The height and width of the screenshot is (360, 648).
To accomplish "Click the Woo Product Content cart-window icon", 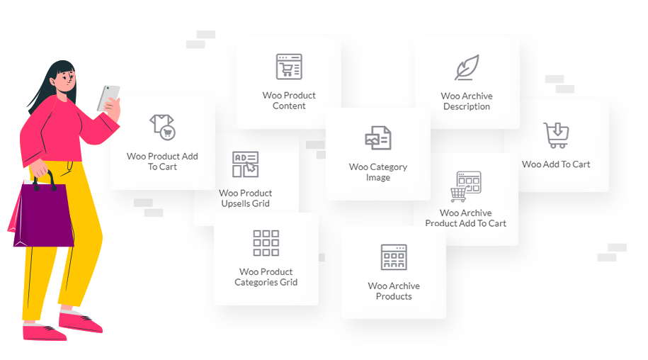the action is pyautogui.click(x=289, y=66).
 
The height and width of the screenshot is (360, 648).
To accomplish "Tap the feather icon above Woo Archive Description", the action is pyautogui.click(x=467, y=67).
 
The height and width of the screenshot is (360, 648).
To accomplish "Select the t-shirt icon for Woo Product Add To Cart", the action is pyautogui.click(x=162, y=127).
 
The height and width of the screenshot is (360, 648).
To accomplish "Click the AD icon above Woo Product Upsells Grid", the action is pyautogui.click(x=246, y=164).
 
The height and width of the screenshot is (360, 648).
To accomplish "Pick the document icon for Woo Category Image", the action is pyautogui.click(x=378, y=137).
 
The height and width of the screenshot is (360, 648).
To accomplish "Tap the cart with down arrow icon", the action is pyautogui.click(x=556, y=135).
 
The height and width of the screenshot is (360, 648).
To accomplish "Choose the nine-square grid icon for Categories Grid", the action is pyautogui.click(x=266, y=243).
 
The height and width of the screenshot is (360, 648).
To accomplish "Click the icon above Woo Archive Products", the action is pyautogui.click(x=394, y=257).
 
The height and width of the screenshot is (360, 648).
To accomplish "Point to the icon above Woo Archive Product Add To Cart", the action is pyautogui.click(x=466, y=186).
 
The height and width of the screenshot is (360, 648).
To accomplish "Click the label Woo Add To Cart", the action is pyautogui.click(x=556, y=164).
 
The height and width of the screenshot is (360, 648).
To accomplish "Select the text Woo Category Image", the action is pyautogui.click(x=378, y=172).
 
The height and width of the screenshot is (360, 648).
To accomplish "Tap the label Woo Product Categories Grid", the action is pyautogui.click(x=266, y=277).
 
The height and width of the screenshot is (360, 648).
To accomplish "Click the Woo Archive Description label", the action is pyautogui.click(x=467, y=101).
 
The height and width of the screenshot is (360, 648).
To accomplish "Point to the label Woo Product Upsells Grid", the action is pyautogui.click(x=246, y=198).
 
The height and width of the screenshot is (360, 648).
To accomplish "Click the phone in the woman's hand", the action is pyautogui.click(x=108, y=98).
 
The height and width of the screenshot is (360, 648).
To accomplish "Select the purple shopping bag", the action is pyautogui.click(x=43, y=215).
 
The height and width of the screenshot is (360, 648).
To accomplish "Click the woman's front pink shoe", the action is pyautogui.click(x=81, y=321).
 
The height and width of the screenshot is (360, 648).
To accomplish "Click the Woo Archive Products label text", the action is pyautogui.click(x=394, y=291).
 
